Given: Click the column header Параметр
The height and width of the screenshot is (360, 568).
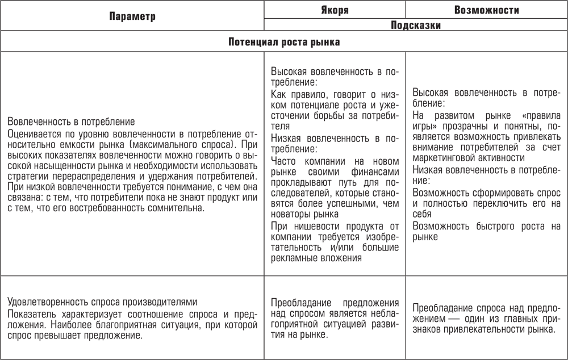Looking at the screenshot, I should click(x=132, y=16).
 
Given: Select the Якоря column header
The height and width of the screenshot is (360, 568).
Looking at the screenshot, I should click(x=335, y=10).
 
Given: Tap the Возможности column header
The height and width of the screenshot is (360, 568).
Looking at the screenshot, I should click(x=487, y=10).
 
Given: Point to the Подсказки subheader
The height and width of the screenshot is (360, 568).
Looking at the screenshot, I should click(x=416, y=25).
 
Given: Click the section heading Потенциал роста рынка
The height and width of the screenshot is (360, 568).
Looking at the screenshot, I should click(x=284, y=42).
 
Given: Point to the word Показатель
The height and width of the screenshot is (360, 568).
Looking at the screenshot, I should click(x=31, y=313).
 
